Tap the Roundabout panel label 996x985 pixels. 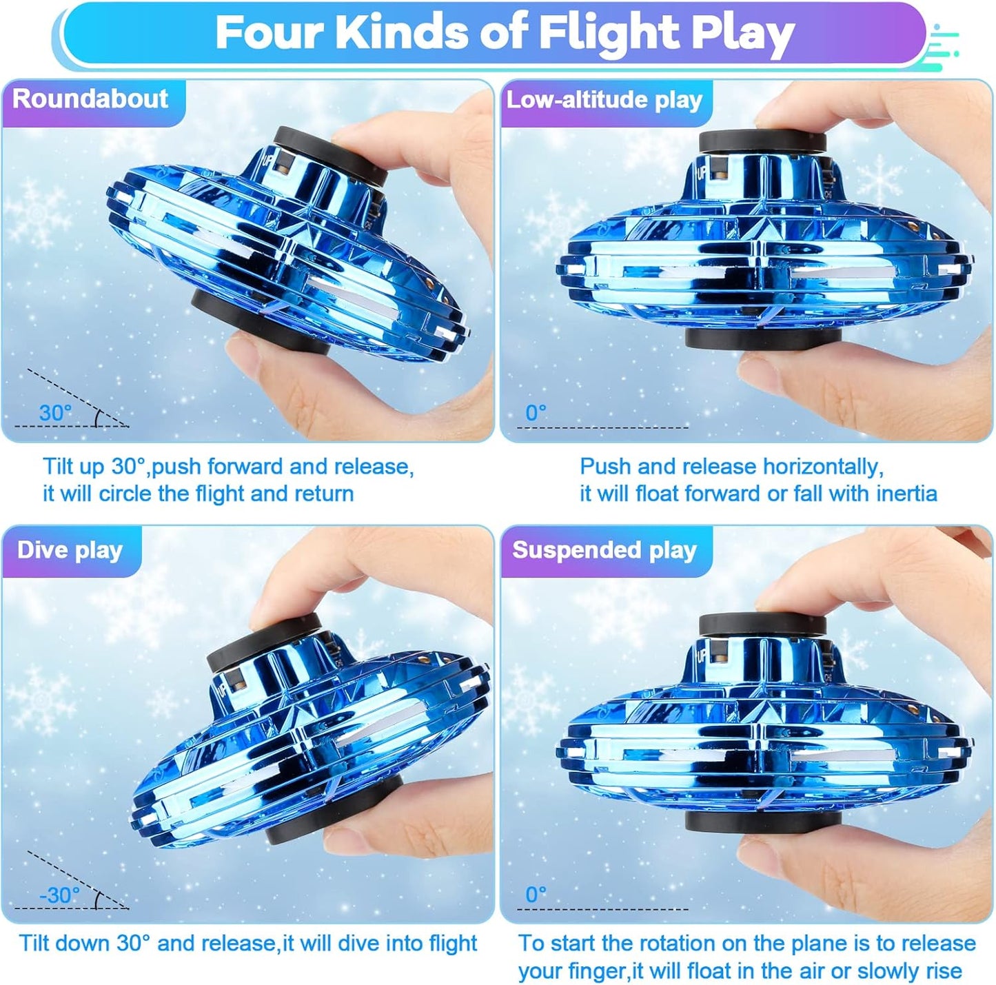click(x=90, y=99)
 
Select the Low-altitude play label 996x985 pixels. click(x=604, y=100)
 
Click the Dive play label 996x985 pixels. click(x=70, y=550)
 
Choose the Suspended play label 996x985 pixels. click(x=604, y=550)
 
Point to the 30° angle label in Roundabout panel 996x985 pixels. click(x=55, y=413)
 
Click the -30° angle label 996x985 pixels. click(x=59, y=895)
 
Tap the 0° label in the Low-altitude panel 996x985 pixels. click(x=536, y=413)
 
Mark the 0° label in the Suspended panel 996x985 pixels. click(x=536, y=895)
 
